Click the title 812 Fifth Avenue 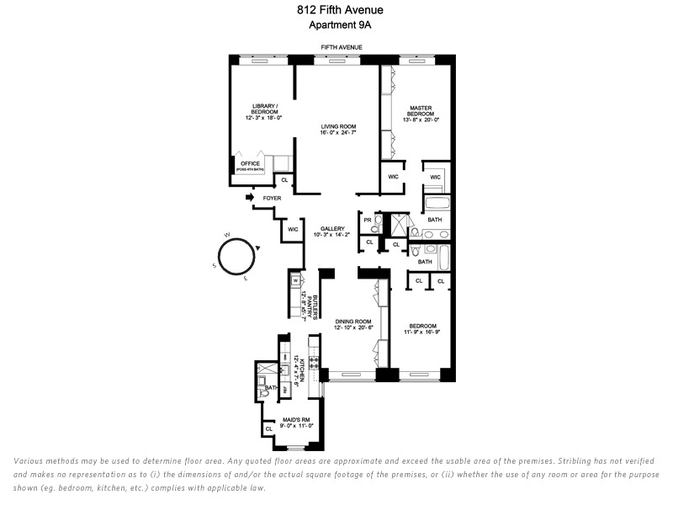tap(336, 11)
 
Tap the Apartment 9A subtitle tap(336, 25)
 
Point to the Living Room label tap(338, 126)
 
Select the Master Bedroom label tap(421, 111)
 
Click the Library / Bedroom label tap(263, 109)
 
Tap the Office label tap(250, 163)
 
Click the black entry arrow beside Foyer tap(250, 198)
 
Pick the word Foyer tap(272, 199)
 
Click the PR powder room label tap(368, 220)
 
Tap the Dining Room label tap(352, 322)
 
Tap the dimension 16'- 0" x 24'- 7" tap(338, 133)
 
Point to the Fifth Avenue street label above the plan tap(340, 48)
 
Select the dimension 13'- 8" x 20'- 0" tap(421, 120)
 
